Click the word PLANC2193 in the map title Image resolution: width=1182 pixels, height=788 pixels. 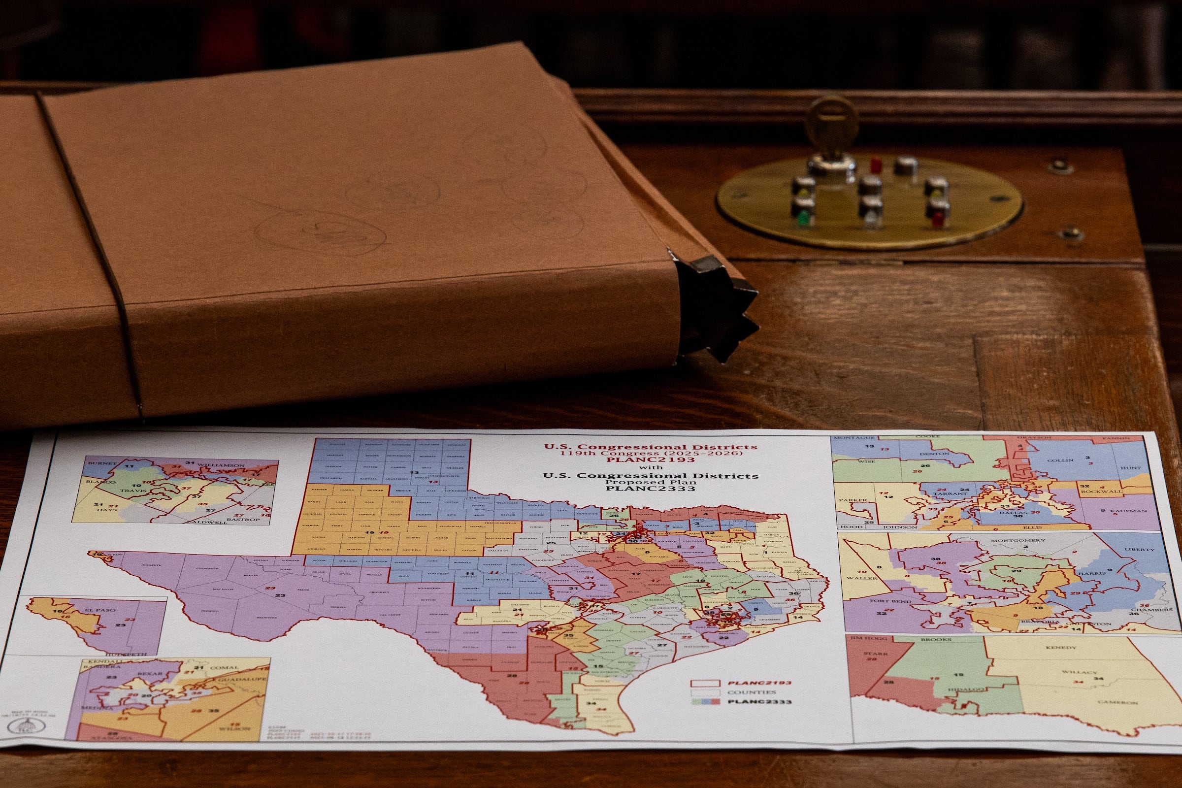pyautogui.click(x=651, y=460)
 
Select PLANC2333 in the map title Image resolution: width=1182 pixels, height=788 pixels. pyautogui.click(x=651, y=488)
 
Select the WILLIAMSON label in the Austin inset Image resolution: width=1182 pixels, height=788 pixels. pyautogui.click(x=221, y=466)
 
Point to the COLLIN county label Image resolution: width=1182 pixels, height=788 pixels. pyautogui.click(x=1061, y=460)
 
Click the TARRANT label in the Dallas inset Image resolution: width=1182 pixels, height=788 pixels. pyautogui.click(x=950, y=493)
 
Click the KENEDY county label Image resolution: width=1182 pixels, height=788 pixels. pyautogui.click(x=1061, y=647)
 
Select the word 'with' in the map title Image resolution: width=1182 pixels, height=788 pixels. pyautogui.click(x=651, y=467)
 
